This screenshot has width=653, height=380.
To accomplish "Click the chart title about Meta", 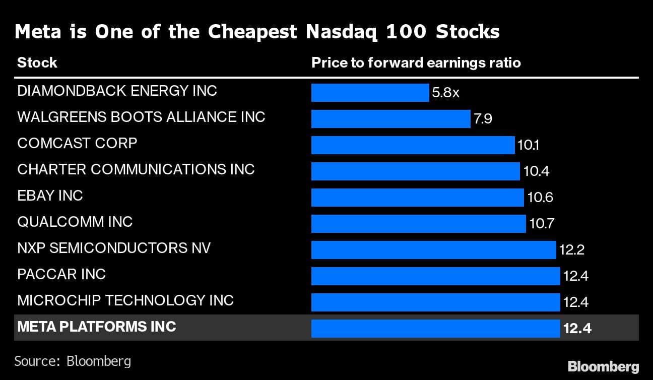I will coord(257,32).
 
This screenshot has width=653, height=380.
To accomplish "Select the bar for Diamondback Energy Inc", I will coord(370,93).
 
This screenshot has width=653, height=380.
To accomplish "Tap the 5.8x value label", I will coord(445,93).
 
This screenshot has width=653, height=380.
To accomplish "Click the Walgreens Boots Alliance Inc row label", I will coord(141,117).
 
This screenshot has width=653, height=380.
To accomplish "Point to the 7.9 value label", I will coord(482,119).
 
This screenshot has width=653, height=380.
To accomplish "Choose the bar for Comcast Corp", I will coord(413,145).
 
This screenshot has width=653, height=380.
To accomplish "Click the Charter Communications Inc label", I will coord(136,169).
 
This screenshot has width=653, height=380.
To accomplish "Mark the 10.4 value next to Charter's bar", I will coord(536,172).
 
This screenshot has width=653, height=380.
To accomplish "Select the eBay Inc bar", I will coord(417,198).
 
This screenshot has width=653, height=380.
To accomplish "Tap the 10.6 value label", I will coord(540,198).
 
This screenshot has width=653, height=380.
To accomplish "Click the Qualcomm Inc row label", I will coord(75,222).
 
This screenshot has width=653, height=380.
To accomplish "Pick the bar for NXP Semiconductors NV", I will coord(433,250).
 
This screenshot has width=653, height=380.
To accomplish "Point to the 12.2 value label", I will coord(571,250).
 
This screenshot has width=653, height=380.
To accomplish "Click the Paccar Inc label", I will coord(61,274).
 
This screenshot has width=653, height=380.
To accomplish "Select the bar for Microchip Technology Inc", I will coord(435,302).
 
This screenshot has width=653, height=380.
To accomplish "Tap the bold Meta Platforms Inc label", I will coord(97,327).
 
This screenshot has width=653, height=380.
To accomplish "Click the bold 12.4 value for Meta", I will coord(577,329).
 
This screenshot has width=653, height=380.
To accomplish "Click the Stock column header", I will coord(37,63).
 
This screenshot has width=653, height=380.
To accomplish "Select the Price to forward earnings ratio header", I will coord(416,63).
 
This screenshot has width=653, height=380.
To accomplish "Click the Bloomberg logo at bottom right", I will coord(603,366).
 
